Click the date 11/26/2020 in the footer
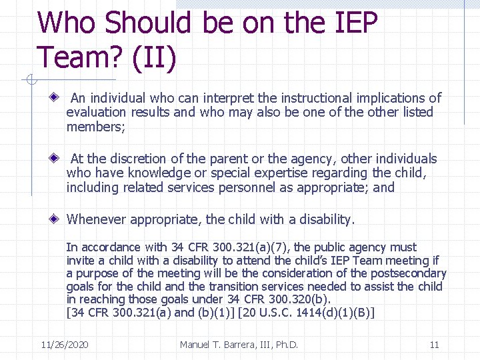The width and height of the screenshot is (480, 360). [65, 345]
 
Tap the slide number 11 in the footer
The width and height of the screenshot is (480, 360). [434, 345]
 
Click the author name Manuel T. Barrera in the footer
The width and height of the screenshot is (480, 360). [239, 345]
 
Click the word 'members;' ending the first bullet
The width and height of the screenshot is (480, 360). [95, 127]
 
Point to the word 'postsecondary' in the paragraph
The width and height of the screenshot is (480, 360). [407, 273]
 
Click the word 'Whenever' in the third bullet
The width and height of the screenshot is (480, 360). [97, 219]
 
